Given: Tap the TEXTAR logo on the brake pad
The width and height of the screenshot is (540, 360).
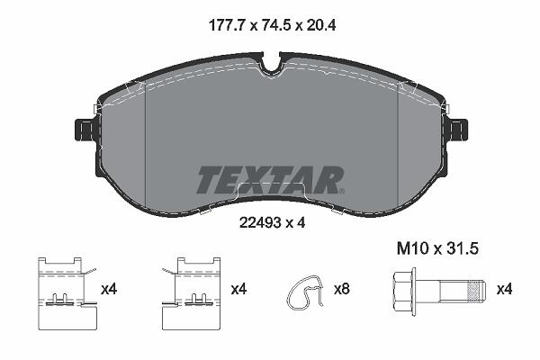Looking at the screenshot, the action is point(269,180).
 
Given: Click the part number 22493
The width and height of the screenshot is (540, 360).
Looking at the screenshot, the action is point(260,223).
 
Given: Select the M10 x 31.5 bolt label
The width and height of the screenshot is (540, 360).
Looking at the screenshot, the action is point(437,248).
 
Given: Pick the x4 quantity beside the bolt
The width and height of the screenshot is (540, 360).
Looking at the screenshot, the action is point(504,289).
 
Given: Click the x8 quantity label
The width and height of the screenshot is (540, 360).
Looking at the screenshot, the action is point(342,289).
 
